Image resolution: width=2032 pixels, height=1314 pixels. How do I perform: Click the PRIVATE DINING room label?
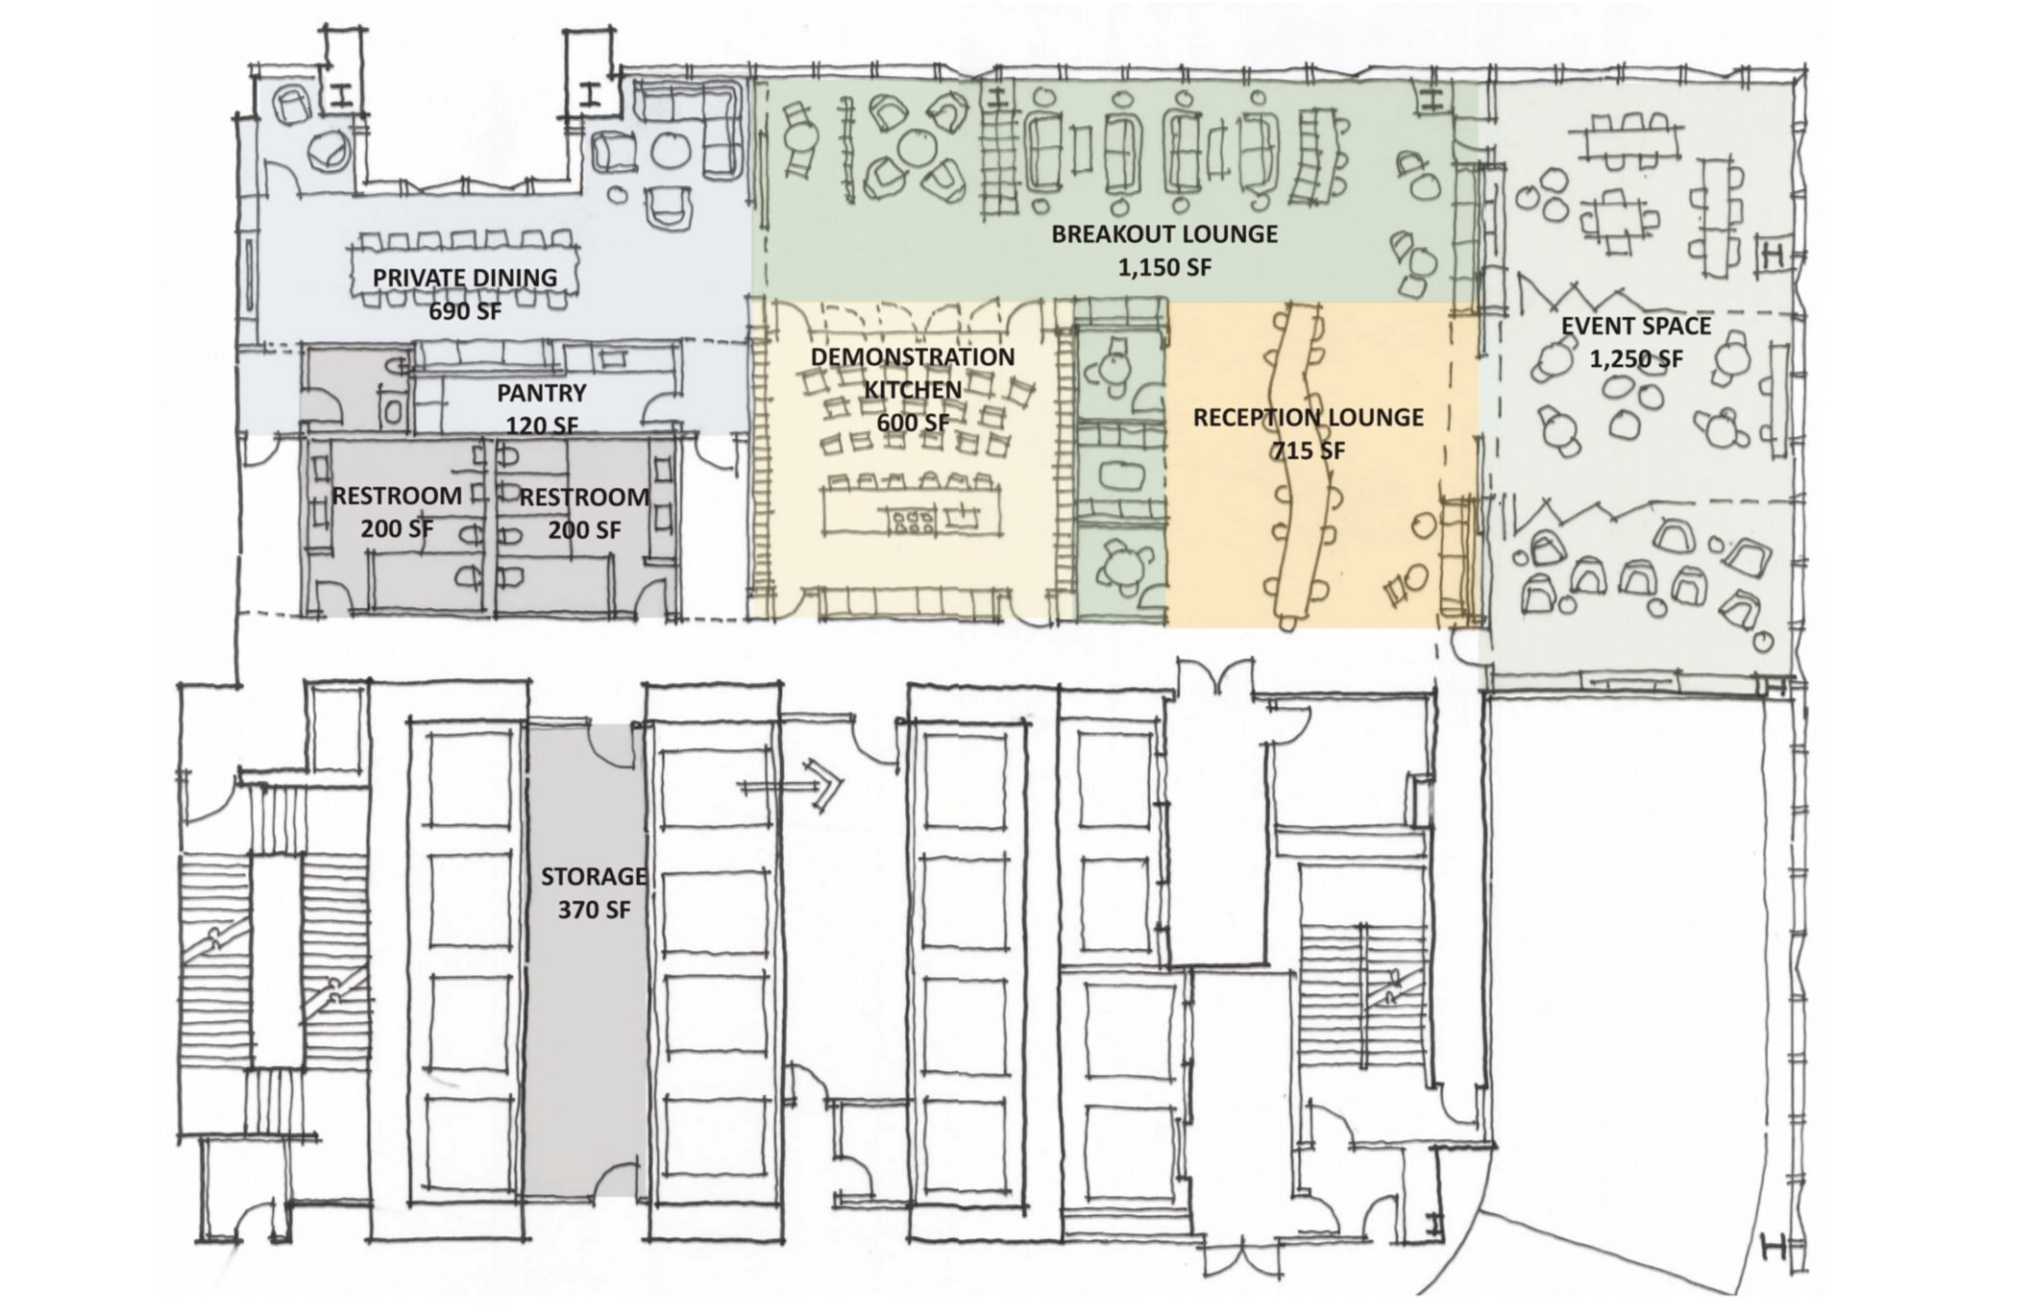[x=465, y=278]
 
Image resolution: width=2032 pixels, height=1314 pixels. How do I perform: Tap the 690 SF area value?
[x=465, y=310]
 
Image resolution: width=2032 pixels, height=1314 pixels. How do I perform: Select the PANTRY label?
[x=542, y=393]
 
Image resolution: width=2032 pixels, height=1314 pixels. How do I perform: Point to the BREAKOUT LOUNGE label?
[x=1164, y=234]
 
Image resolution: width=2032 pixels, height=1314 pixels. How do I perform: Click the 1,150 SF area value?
[x=1164, y=267]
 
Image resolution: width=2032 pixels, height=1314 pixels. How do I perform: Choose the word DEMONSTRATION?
[x=913, y=357]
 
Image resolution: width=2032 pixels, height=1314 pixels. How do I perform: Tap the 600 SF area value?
[x=913, y=423]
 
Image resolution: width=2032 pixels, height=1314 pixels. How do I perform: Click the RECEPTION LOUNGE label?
[x=1309, y=418]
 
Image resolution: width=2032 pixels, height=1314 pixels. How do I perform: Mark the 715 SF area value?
[x=1309, y=450]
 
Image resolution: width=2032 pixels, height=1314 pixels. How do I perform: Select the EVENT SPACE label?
[x=1636, y=326]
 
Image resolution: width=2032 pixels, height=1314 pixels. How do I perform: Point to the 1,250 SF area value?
[x=1636, y=359]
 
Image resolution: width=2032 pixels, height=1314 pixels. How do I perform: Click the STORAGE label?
[x=594, y=877]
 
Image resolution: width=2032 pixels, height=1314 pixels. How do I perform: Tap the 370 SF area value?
[x=594, y=910]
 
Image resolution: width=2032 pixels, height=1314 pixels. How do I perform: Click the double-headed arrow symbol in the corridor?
[x=790, y=786]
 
